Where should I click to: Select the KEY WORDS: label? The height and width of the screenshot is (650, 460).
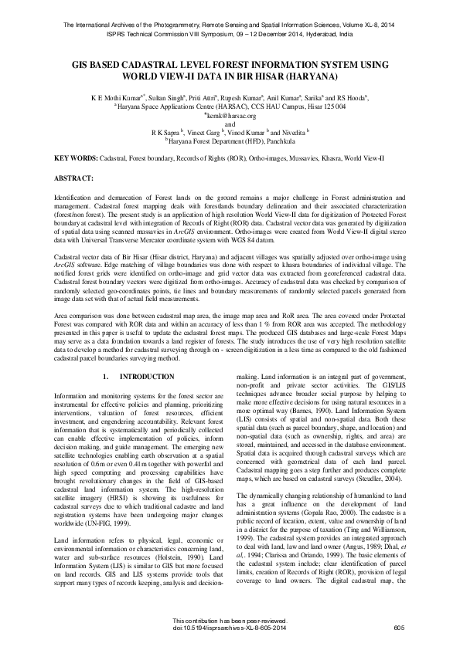coord(76,157)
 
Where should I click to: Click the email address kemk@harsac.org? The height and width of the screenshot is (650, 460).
coord(230,115)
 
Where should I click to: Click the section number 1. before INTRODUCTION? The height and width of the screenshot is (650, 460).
coord(105,376)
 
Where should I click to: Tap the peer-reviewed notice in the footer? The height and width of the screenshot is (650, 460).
coord(230,622)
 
